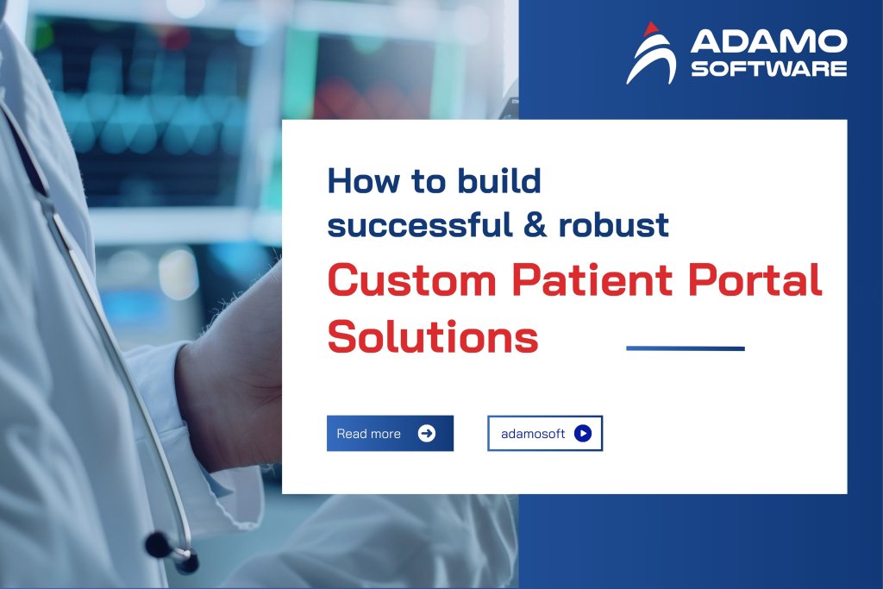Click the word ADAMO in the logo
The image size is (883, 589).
pyautogui.click(x=768, y=41)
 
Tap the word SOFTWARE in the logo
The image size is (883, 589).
pyautogui.click(x=768, y=68)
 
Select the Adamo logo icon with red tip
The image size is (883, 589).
pyautogui.click(x=651, y=53)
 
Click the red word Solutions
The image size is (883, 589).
pyautogui.click(x=433, y=336)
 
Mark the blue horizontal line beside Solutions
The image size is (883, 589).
pyautogui.click(x=685, y=348)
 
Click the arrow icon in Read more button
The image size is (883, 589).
pyautogui.click(x=426, y=434)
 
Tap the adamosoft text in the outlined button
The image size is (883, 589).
pyautogui.click(x=533, y=434)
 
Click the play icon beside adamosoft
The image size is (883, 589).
pyautogui.click(x=583, y=434)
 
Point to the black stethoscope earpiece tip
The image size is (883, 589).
pyautogui.click(x=158, y=544)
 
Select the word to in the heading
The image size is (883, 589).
pyautogui.click(x=412, y=181)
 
